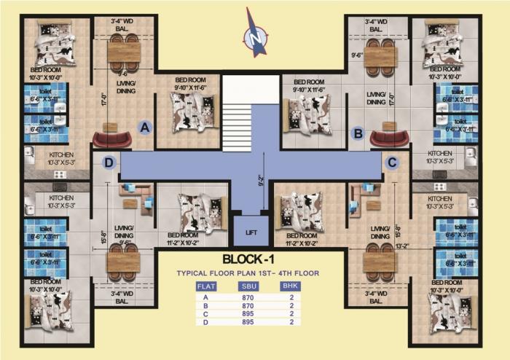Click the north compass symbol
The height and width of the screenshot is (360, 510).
coord(255,33)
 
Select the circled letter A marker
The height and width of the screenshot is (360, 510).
coord(145,128)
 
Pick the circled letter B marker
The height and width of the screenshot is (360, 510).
coord(358,133)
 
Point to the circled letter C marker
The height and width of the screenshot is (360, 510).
coord(392,162)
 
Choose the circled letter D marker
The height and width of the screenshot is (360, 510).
coord(109,163)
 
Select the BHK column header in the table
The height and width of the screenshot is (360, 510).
coord(291,286)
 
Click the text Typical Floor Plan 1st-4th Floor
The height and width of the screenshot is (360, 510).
coord(248,273)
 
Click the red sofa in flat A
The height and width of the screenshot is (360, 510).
coord(113,138)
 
